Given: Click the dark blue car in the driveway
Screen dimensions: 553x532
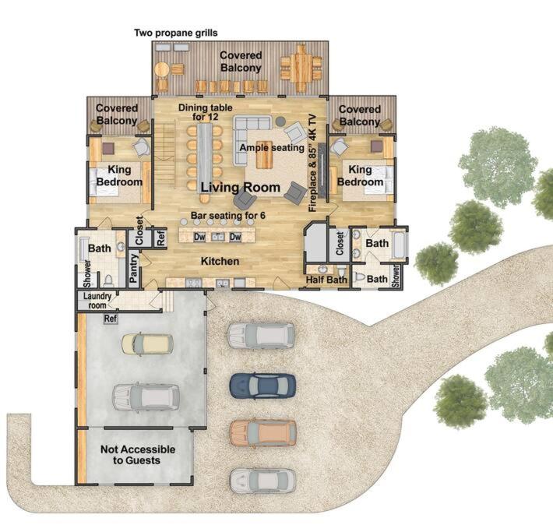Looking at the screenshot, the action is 262,386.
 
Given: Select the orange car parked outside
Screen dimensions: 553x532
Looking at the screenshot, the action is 262,432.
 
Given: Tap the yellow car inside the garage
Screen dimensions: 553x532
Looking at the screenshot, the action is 147,344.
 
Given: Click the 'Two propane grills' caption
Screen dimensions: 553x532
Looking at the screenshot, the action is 176,33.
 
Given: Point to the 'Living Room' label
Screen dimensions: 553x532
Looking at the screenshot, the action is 241,187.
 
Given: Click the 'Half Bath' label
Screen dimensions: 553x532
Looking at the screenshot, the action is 326,280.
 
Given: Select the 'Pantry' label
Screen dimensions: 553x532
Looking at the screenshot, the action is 133,268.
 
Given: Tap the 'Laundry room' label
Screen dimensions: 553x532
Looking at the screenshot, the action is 97,301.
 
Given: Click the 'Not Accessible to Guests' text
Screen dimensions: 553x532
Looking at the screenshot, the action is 138,454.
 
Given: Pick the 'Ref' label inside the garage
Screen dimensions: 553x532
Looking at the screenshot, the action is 111,319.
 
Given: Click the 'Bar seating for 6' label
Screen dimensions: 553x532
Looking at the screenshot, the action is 228,215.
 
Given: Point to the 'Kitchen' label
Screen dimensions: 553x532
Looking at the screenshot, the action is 220,261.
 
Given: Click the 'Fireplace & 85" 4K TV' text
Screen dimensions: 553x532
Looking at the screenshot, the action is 313,163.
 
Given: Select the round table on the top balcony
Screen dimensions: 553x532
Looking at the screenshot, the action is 162,69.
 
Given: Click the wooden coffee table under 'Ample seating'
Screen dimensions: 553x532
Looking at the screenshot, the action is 265,154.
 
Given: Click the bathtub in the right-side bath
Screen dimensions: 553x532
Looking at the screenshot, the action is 399,244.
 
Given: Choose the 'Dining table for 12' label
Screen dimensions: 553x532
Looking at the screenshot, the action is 206,112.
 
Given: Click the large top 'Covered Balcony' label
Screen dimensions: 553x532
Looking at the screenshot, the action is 241,62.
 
